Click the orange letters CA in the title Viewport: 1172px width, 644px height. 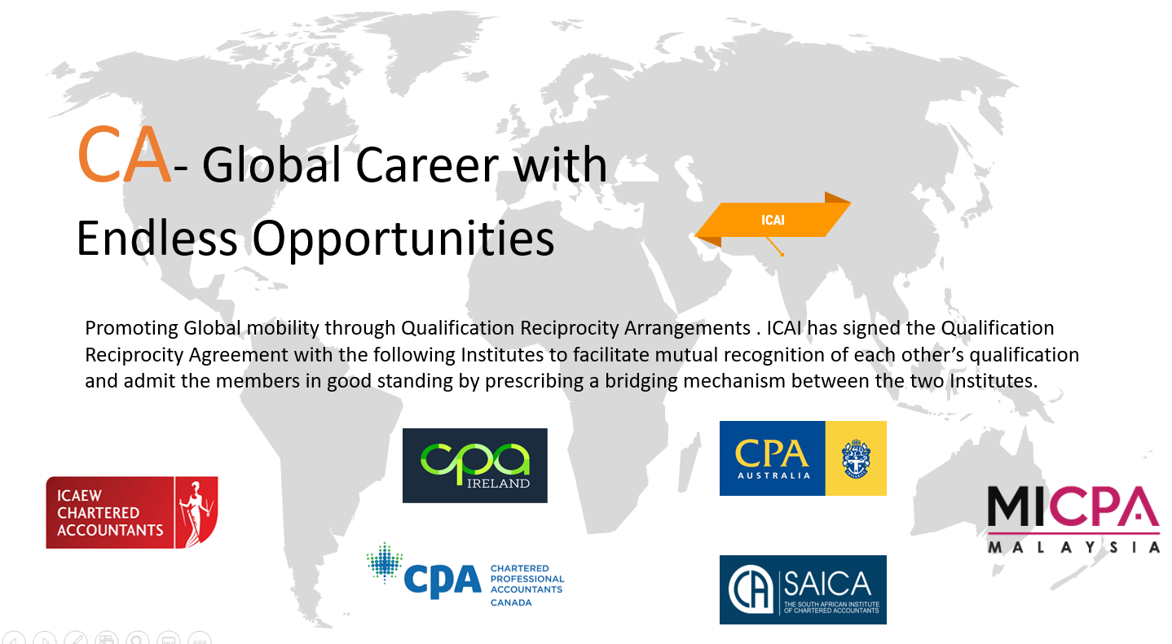(124, 155)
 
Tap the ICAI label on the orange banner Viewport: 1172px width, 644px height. (773, 220)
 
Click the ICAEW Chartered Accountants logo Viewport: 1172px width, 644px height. (132, 512)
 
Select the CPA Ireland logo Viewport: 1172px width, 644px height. (474, 465)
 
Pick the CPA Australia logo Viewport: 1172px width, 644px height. (803, 458)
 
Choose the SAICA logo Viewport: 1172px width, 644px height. (803, 589)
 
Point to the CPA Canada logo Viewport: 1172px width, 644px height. (465, 575)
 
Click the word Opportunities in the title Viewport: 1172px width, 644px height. (403, 239)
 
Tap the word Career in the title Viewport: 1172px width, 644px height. (426, 165)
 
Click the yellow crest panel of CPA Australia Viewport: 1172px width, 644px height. (856, 458)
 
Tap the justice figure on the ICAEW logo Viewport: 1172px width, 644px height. (196, 512)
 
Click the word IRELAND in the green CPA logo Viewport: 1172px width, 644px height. (498, 484)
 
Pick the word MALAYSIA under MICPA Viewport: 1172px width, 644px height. (1073, 547)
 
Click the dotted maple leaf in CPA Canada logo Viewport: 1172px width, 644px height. (385, 563)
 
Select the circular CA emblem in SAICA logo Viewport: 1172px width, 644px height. (751, 589)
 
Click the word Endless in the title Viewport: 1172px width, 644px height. (157, 239)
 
